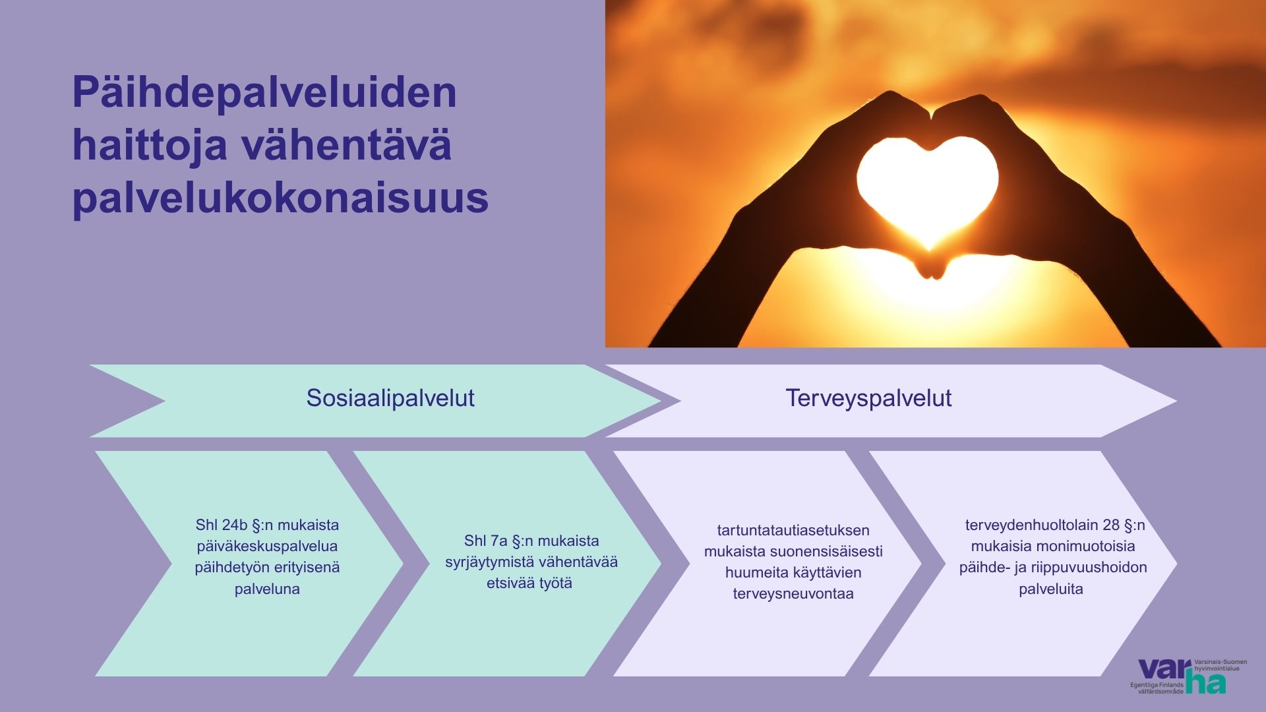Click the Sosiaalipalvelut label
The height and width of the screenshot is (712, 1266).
390,398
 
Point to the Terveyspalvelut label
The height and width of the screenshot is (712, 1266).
868,398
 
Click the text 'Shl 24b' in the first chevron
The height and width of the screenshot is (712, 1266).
222,525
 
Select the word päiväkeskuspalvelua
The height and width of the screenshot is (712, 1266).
267,547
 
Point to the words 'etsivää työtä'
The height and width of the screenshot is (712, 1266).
529,583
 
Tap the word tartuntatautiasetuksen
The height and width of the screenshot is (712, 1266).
793,531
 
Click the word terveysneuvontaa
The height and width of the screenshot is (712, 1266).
793,594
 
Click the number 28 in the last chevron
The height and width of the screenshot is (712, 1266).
1111,525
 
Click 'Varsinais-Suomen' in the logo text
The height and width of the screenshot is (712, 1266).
1221,662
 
